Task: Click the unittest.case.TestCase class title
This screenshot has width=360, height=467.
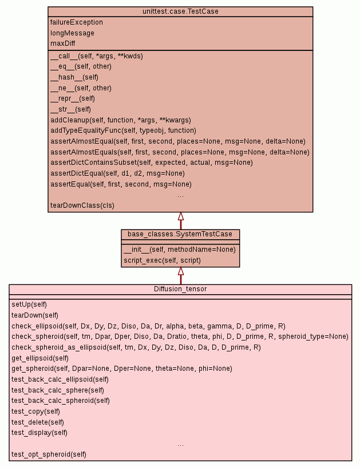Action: pyautogui.click(x=180, y=11)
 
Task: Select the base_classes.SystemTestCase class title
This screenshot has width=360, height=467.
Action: pyautogui.click(x=180, y=234)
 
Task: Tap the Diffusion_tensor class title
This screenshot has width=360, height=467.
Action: pyautogui.click(x=180, y=289)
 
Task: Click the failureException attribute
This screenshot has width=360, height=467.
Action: pyautogui.click(x=77, y=22)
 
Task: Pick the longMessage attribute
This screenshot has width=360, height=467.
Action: pyautogui.click(x=72, y=33)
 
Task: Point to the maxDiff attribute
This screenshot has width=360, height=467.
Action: pyautogui.click(x=62, y=43)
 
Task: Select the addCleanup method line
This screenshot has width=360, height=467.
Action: pyautogui.click(x=120, y=120)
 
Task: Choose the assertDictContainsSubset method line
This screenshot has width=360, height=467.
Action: pyautogui.click(x=151, y=163)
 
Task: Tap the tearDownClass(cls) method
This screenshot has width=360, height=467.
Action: pyautogui.click(x=81, y=205)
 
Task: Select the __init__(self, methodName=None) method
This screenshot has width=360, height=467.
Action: pyautogui.click(x=179, y=250)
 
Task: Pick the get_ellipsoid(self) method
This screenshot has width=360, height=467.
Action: pyautogui.click(x=40, y=358)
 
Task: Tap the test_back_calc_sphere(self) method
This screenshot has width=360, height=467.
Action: pyautogui.click(x=58, y=390)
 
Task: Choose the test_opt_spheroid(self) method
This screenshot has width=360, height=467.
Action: pyautogui.click(x=49, y=454)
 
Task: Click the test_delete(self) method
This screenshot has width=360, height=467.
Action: pyautogui.click(x=38, y=422)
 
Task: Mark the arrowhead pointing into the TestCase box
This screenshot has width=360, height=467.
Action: pyautogui.click(x=180, y=216)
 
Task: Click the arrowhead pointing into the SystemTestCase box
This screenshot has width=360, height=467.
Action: pyautogui.click(x=180, y=271)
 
